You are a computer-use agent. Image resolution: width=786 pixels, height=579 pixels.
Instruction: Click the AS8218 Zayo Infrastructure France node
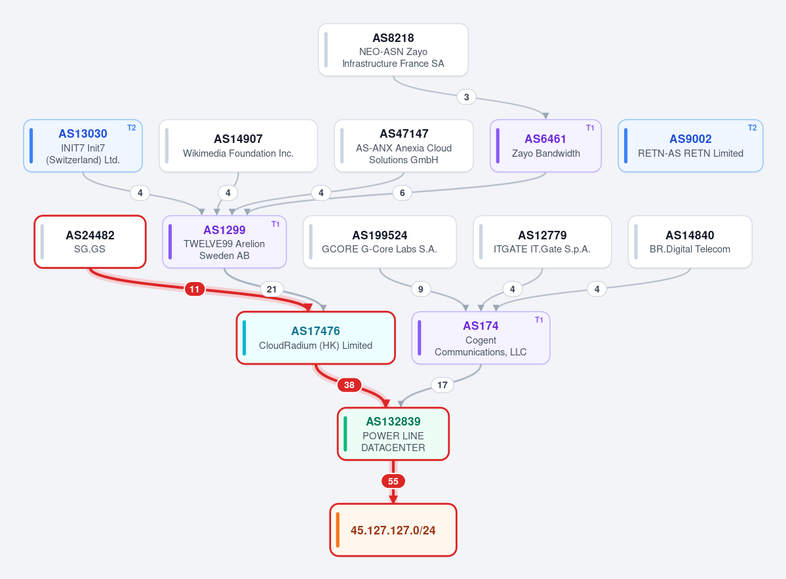[x=393, y=50]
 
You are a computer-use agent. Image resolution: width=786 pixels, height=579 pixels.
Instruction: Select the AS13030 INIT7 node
[x=83, y=146]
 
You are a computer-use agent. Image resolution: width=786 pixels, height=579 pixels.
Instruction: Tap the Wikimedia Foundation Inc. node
[x=238, y=146]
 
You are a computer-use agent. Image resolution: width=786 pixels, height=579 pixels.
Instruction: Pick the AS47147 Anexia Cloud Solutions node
[x=404, y=146]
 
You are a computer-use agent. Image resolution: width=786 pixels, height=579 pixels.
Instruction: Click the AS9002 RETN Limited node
[x=690, y=146]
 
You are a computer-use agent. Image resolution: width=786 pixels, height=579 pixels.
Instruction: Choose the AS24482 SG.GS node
[x=90, y=241]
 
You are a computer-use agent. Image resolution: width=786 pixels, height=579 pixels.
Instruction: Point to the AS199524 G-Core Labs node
[x=380, y=241]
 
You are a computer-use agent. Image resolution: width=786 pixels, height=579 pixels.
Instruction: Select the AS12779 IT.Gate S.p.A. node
[x=542, y=241]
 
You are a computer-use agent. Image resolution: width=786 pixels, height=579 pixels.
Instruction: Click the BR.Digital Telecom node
[x=690, y=241]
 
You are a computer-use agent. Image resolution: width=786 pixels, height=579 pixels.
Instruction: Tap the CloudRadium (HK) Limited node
[x=316, y=338]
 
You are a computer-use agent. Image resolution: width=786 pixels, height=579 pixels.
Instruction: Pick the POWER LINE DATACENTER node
[x=393, y=433]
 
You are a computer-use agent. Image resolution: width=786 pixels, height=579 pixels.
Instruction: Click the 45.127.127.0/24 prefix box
[x=393, y=530]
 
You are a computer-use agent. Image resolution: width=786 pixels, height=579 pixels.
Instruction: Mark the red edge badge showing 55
[x=393, y=481]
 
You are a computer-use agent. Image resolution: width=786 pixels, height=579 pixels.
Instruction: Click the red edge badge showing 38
[x=349, y=385]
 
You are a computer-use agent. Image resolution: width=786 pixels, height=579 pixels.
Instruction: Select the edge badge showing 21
[x=271, y=289]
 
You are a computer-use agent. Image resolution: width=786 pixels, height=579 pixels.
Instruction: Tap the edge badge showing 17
[x=442, y=385]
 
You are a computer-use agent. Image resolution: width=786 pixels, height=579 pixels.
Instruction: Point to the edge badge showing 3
[x=467, y=97]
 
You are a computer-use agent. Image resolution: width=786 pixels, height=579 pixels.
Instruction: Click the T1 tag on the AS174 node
[x=539, y=320]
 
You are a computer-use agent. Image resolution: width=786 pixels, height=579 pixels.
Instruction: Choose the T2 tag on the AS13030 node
[x=131, y=128]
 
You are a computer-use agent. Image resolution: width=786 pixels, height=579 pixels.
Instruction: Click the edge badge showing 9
[x=421, y=289]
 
